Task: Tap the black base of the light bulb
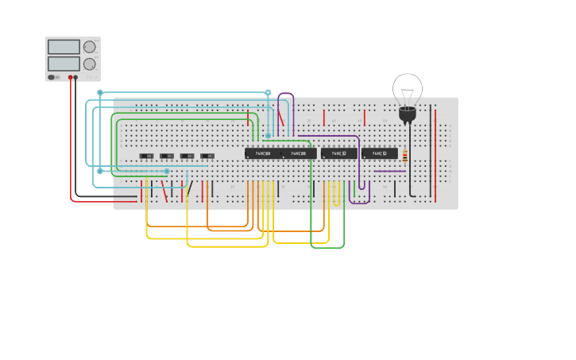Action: [x=408, y=115]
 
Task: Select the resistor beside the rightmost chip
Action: [x=404, y=156]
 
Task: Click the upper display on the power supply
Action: [x=64, y=47]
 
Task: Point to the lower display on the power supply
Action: [x=64, y=64]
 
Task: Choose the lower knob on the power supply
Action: [x=90, y=64]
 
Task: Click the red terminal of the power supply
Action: [x=71, y=78]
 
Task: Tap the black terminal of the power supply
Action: [x=76, y=78]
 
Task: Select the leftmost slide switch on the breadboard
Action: [x=147, y=156]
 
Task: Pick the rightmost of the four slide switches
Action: [x=207, y=156]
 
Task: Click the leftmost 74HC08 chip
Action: [x=263, y=153]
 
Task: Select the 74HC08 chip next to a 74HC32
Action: [x=299, y=153]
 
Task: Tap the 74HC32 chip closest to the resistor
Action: [x=379, y=153]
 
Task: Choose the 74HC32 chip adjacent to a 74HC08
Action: [x=339, y=153]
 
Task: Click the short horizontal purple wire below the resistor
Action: [x=389, y=171]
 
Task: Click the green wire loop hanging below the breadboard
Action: [x=327, y=247]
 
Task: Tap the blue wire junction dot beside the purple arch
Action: [x=268, y=92]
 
